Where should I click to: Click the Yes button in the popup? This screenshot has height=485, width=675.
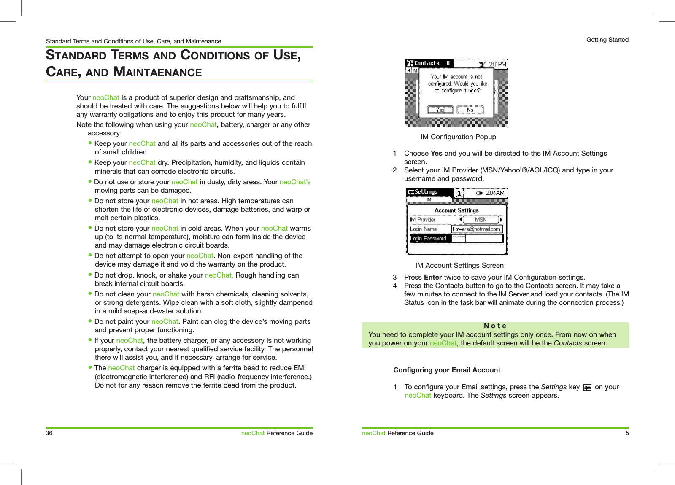click(x=440, y=110)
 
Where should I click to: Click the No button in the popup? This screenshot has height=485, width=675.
click(x=470, y=110)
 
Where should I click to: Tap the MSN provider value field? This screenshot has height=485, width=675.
click(x=481, y=220)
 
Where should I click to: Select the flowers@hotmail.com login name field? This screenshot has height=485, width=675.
click(x=476, y=229)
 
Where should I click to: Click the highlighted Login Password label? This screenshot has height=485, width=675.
click(x=428, y=238)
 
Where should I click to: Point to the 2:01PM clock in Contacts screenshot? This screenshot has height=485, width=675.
click(x=497, y=64)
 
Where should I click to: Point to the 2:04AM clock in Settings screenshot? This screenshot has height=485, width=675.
click(x=495, y=193)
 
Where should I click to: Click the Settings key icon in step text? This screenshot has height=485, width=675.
click(x=587, y=388)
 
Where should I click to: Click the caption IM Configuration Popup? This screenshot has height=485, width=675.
click(x=458, y=137)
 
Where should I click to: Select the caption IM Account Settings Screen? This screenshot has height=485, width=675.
click(x=459, y=265)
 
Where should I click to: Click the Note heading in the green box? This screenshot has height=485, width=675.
click(x=495, y=326)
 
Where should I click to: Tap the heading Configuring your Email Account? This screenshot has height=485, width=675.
click(x=446, y=370)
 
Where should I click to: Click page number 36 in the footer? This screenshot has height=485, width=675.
click(x=49, y=433)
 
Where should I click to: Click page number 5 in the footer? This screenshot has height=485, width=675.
click(x=627, y=433)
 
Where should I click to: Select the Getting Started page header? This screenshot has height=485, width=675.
click(x=607, y=40)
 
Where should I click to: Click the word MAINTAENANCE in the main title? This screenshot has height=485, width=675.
click(x=157, y=72)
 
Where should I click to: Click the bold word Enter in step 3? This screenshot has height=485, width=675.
click(x=432, y=277)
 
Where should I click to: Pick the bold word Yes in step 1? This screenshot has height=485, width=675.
click(x=436, y=153)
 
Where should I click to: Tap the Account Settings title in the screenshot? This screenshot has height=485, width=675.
click(x=456, y=210)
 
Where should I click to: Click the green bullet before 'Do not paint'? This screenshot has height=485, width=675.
click(x=90, y=321)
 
